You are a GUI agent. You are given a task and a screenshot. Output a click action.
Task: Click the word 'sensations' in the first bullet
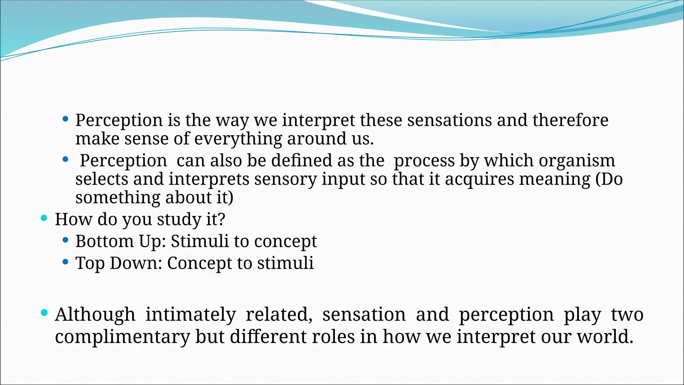tap(449, 120)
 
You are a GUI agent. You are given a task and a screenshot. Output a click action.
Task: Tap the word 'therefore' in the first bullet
tap(570, 120)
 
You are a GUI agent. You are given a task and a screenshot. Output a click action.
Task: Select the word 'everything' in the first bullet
tap(238, 139)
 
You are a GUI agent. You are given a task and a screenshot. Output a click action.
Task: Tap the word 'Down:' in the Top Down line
tap(136, 263)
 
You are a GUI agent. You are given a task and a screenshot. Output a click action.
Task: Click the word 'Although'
tap(95, 315)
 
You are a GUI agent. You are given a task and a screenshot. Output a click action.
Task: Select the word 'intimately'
tap(190, 315)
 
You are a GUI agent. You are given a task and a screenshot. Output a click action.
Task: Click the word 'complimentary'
tap(122, 337)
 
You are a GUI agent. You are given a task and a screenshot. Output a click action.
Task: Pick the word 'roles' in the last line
tap(333, 337)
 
